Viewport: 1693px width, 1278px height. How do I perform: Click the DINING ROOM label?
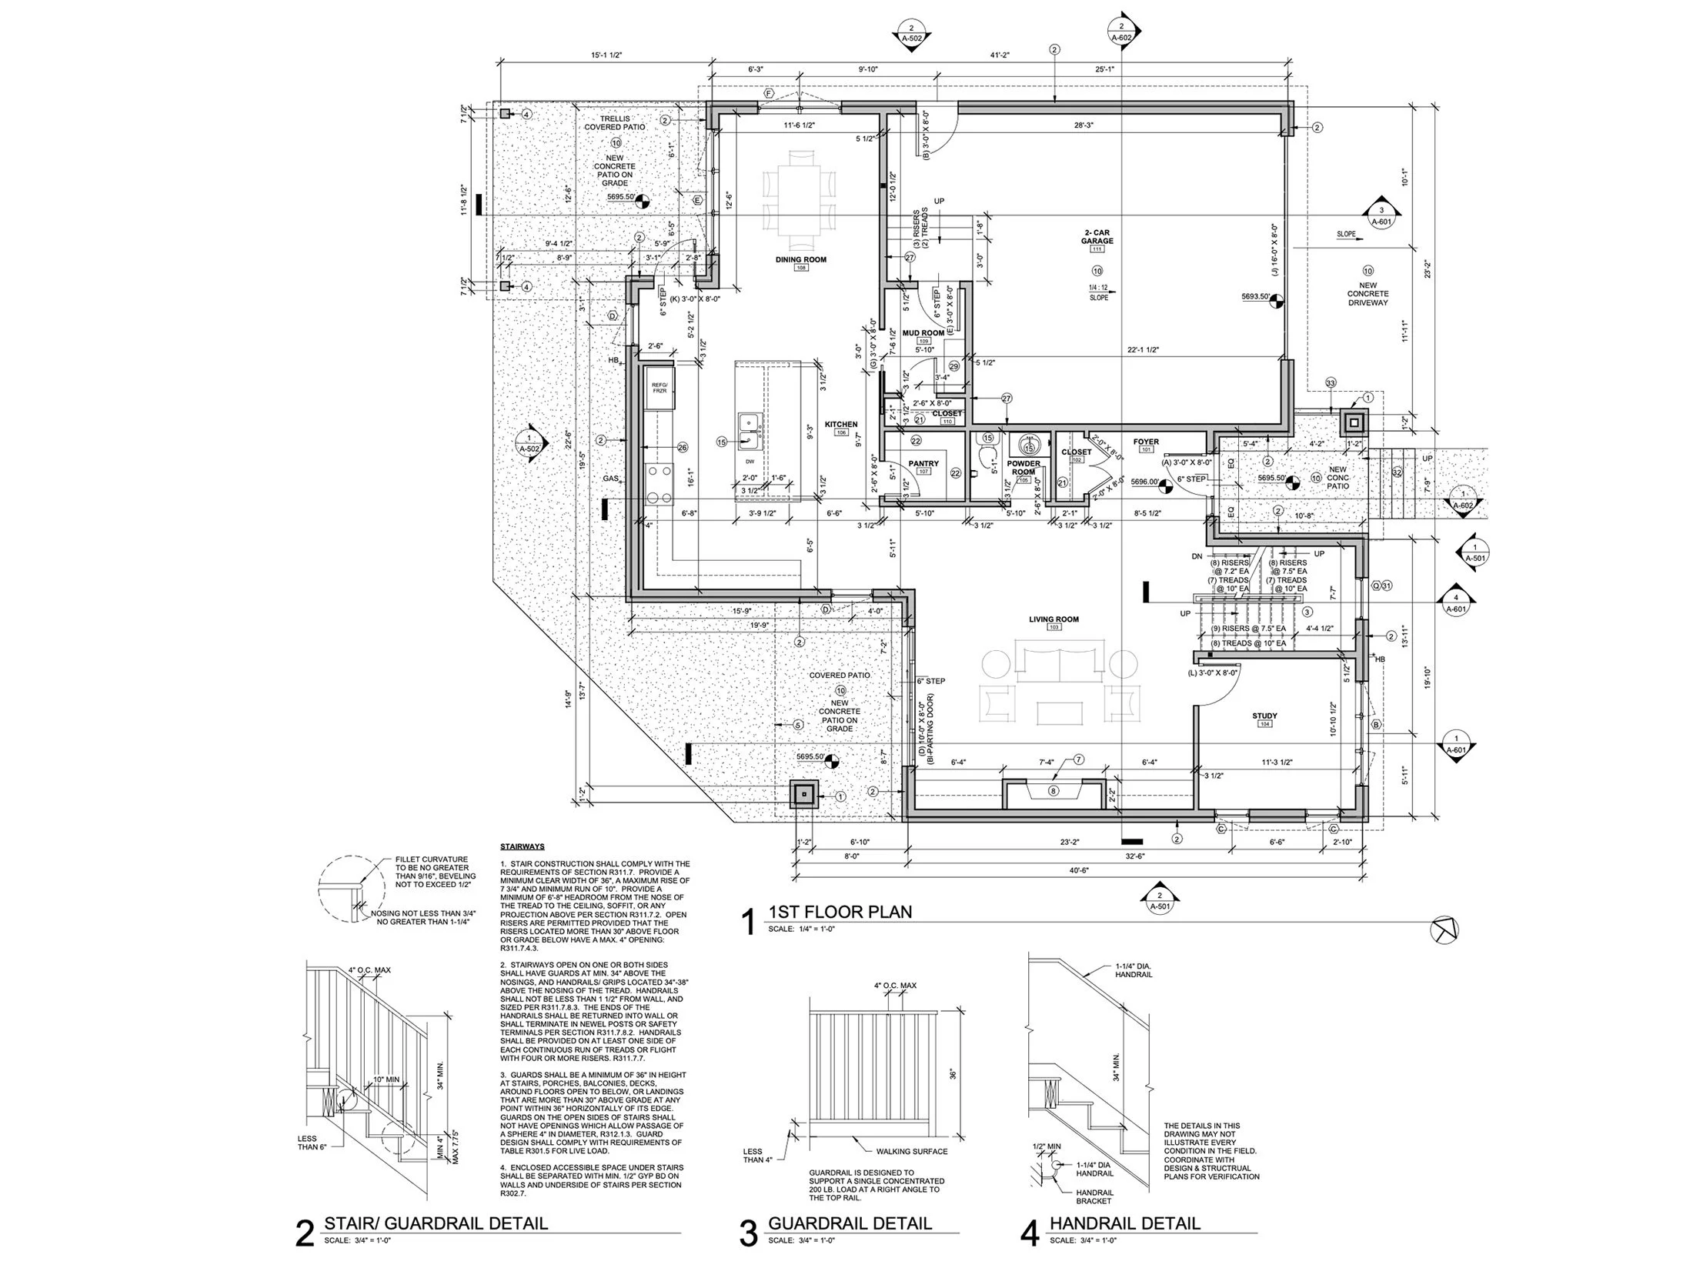point(800,259)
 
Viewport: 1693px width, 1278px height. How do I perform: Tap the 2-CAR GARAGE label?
point(1097,236)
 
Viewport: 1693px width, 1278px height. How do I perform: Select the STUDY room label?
point(1264,716)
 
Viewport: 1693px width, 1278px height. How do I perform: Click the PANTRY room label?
point(923,464)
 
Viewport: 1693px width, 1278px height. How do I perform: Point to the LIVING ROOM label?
point(1054,619)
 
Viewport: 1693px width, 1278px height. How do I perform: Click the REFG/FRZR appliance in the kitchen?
point(660,387)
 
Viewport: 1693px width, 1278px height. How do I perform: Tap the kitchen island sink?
point(750,432)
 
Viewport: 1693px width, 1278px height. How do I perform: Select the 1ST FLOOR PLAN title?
point(840,912)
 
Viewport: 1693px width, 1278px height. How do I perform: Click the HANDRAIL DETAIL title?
point(1124,1223)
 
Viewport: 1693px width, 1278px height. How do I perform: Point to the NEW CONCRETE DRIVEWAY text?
point(1367,294)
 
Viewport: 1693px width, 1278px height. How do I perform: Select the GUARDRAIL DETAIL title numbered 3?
point(850,1223)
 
